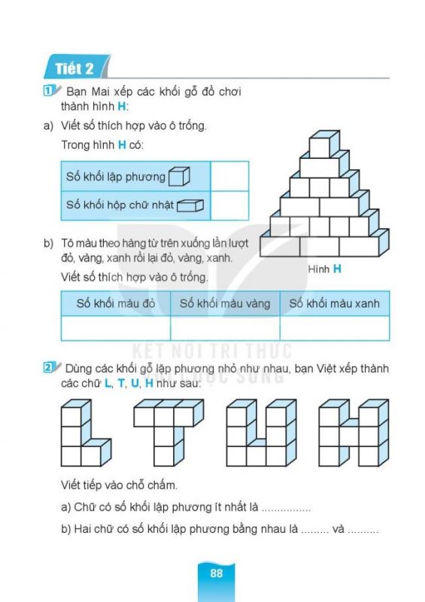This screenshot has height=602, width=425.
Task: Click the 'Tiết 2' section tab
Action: (x=74, y=69)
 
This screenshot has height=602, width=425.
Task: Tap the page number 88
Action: (x=216, y=573)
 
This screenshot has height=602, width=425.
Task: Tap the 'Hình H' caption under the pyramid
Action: (x=325, y=269)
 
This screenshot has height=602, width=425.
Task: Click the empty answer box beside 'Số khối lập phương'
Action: (x=229, y=177)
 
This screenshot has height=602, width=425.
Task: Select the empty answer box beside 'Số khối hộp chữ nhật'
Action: (x=229, y=205)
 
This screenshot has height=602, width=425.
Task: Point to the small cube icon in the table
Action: (x=179, y=177)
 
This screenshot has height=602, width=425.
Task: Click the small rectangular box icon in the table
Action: (x=190, y=205)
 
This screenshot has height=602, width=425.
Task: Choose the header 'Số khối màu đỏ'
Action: (x=115, y=303)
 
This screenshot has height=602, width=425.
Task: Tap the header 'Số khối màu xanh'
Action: (x=334, y=303)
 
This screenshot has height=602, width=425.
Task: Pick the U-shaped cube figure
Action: (x=257, y=433)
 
